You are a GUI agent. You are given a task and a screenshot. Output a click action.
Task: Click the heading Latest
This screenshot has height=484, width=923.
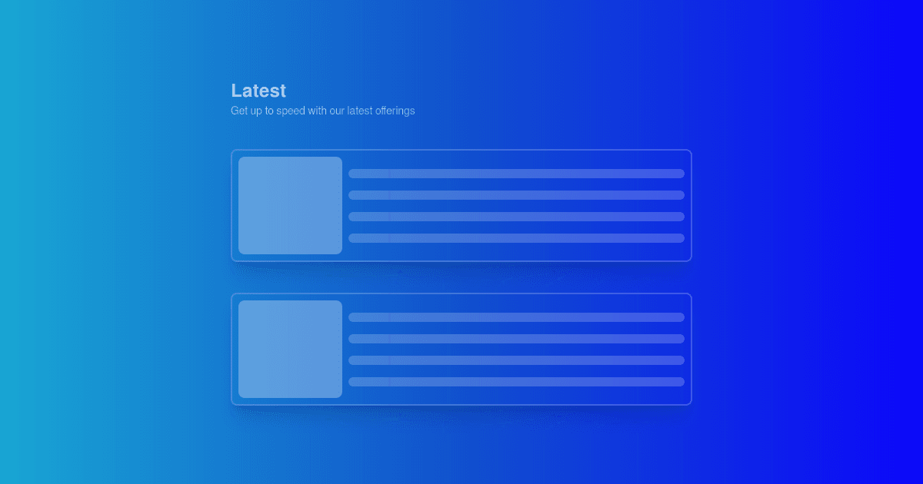(258, 91)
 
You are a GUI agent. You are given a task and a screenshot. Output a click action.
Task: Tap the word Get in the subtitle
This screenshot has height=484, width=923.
(239, 111)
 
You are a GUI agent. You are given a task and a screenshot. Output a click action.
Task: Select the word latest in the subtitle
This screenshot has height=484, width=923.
(360, 111)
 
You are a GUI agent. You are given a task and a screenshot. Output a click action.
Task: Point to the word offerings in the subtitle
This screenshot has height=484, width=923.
(395, 111)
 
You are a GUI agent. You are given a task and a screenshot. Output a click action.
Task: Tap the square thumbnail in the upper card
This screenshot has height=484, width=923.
(290, 205)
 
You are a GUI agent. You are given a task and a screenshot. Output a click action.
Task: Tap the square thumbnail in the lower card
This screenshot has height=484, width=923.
(290, 349)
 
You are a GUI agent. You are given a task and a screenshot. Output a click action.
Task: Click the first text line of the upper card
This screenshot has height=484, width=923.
(516, 174)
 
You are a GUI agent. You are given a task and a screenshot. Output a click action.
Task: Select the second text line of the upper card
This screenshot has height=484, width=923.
(516, 195)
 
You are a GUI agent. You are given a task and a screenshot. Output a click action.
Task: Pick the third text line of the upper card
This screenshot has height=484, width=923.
(516, 217)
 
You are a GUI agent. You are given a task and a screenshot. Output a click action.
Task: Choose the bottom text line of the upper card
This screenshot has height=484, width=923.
(516, 238)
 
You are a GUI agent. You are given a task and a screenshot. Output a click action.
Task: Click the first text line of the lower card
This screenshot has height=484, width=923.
(516, 317)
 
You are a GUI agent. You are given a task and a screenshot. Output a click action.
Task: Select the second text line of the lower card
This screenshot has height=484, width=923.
(516, 339)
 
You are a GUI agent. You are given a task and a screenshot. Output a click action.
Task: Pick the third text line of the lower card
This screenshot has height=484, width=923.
(516, 360)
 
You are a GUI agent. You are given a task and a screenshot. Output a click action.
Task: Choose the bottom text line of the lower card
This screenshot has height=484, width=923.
(516, 382)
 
